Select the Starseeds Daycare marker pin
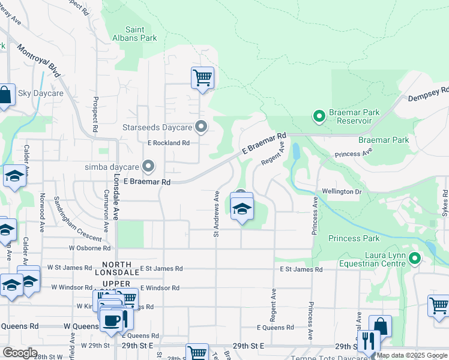[x=202, y=127]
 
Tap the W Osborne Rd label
[x=89, y=247]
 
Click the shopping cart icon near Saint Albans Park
[x=202, y=77]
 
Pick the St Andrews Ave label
[x=216, y=214]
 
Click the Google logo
[x=20, y=353]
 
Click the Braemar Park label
[x=384, y=140]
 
